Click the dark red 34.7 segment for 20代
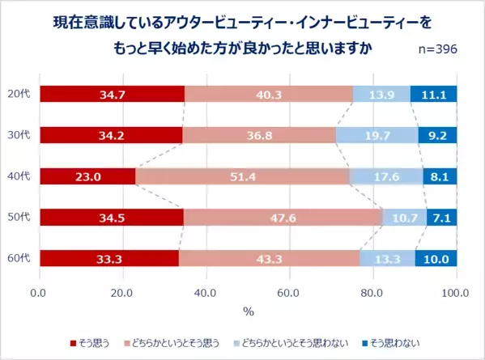click(x=112, y=95)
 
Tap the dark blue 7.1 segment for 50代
click(x=442, y=218)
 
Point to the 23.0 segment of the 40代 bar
click(x=87, y=176)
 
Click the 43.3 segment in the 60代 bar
click(x=269, y=258)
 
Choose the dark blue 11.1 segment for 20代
click(x=434, y=95)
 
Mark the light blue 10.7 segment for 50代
click(x=404, y=218)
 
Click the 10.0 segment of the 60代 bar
click(x=436, y=258)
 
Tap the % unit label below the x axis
click(x=249, y=311)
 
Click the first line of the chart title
click(x=243, y=22)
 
